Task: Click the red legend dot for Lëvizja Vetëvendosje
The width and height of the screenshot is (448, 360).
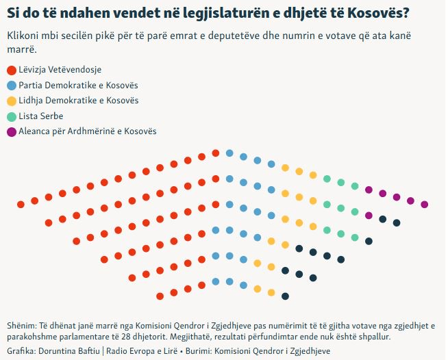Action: [11, 70]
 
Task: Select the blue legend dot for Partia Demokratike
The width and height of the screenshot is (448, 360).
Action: [11, 86]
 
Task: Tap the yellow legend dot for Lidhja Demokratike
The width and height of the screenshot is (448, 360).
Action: [11, 101]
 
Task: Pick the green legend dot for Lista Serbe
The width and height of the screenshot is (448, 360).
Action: [11, 116]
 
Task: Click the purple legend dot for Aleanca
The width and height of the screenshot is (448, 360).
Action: [11, 131]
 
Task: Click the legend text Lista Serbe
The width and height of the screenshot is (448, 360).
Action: [41, 116]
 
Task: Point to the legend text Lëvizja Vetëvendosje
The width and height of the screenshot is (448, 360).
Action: [62, 70]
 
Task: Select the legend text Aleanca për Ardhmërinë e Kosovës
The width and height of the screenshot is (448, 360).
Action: [88, 131]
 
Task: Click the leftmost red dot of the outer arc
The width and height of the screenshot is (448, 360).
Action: [21, 204]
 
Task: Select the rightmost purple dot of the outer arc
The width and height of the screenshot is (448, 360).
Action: [425, 204]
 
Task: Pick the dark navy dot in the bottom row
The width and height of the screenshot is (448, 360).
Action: [286, 296]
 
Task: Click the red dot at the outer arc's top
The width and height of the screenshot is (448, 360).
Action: [216, 153]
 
